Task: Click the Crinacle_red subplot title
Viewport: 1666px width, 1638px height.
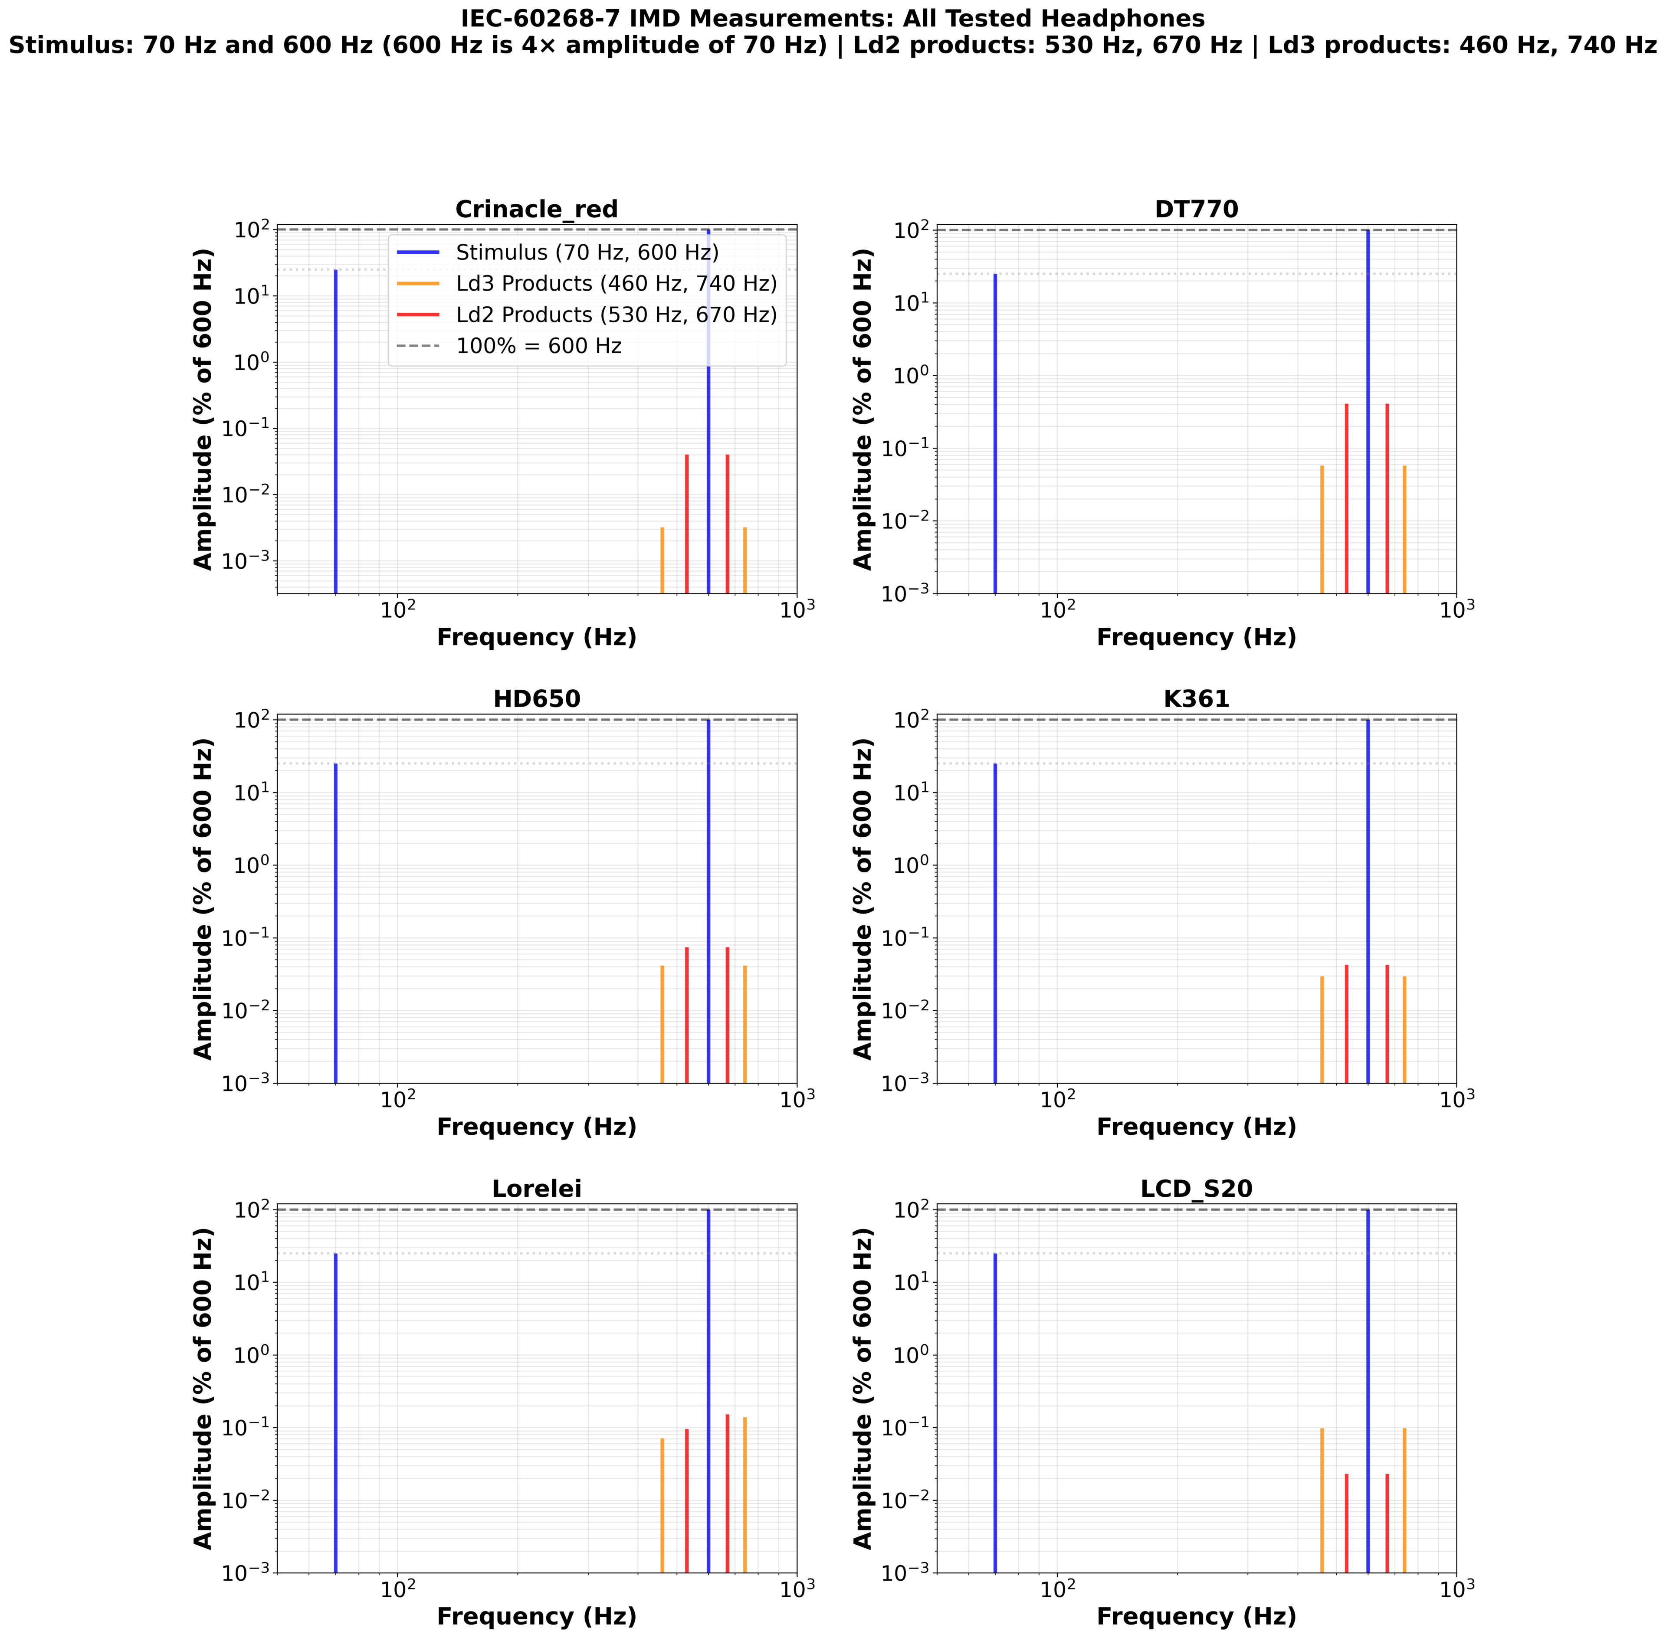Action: coord(536,209)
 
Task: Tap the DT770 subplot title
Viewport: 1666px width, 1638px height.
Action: coord(1196,209)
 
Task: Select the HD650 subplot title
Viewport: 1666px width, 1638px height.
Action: coord(536,698)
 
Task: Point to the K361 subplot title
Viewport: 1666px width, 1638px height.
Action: coord(1196,698)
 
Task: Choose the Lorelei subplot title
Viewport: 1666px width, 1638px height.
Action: coord(536,1188)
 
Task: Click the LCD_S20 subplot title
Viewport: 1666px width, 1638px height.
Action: coord(1196,1188)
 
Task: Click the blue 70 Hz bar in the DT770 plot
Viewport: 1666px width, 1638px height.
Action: coord(995,430)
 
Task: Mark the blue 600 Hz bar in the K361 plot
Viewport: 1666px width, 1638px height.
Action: coord(1368,903)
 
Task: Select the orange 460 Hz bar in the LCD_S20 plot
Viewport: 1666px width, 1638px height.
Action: coord(1322,1501)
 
